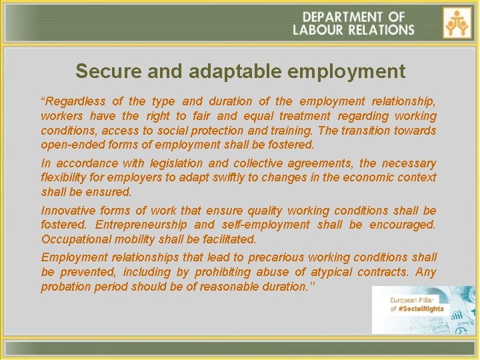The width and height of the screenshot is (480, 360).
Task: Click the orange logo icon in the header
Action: pos(457,23)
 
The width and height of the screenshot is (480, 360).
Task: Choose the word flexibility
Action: pos(63,177)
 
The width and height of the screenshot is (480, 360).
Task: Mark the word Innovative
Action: pos(67,211)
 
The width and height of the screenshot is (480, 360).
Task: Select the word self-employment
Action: pos(267,225)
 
